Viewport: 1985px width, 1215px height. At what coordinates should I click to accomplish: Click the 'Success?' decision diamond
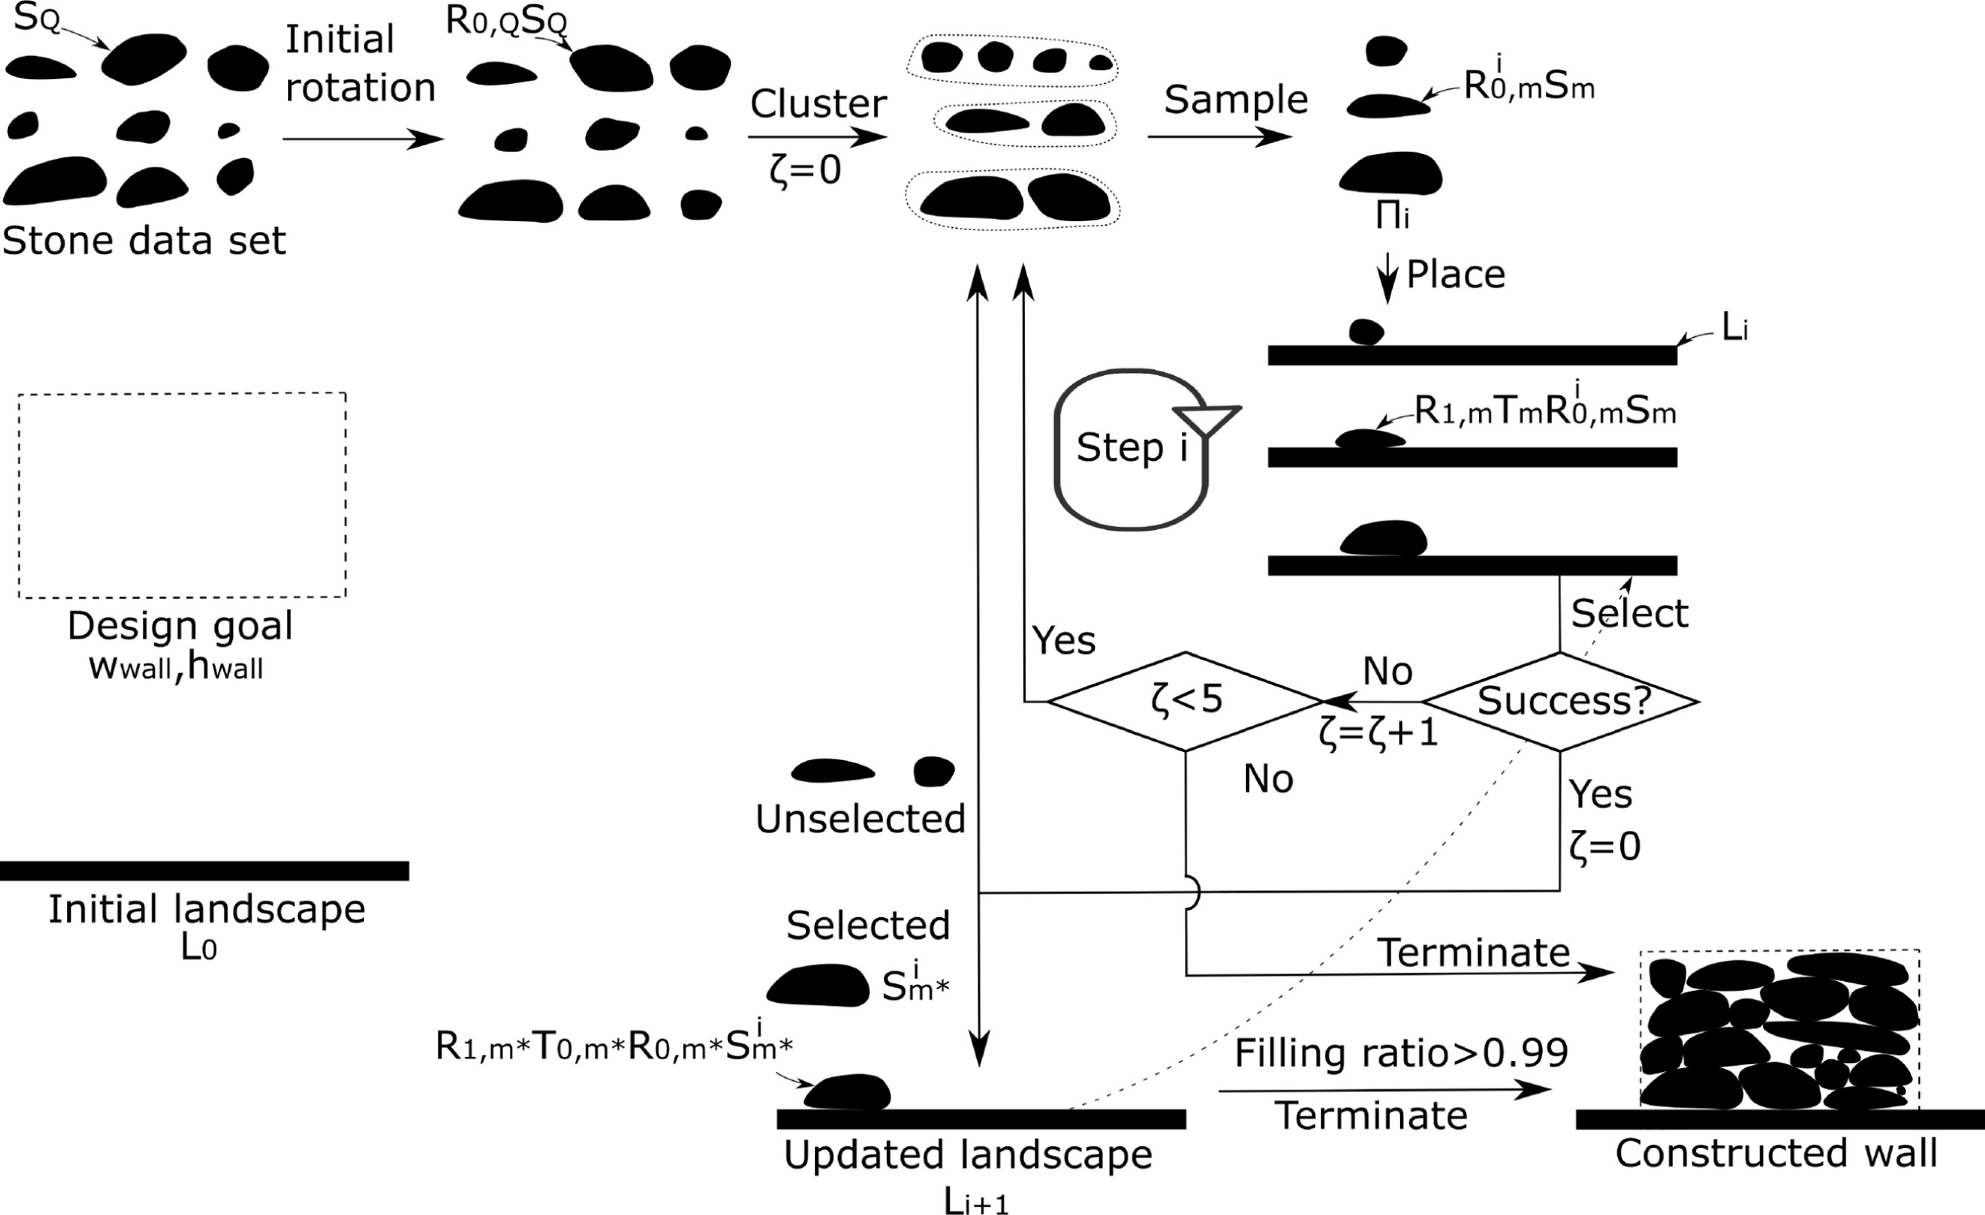pyautogui.click(x=1562, y=702)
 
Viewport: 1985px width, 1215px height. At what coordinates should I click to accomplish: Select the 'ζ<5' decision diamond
pyautogui.click(x=1185, y=701)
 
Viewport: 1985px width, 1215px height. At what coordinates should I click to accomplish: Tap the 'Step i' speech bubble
pyautogui.click(x=1131, y=449)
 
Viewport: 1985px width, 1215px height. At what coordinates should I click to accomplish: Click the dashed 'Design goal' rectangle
pyautogui.click(x=182, y=494)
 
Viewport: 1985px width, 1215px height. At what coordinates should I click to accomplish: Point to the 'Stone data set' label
pyautogui.click(x=144, y=241)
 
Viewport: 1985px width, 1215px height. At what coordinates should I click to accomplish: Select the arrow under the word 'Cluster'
pyautogui.click(x=817, y=137)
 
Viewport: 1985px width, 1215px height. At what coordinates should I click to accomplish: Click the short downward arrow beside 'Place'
pyautogui.click(x=1387, y=278)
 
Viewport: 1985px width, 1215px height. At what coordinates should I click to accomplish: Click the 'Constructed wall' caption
pyautogui.click(x=1776, y=1154)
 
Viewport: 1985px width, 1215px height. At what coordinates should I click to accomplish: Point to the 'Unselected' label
pyautogui.click(x=860, y=820)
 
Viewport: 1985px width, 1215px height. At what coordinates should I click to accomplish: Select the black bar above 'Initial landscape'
pyautogui.click(x=204, y=871)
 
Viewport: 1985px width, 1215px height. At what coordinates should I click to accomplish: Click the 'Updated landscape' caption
pyautogui.click(x=968, y=1155)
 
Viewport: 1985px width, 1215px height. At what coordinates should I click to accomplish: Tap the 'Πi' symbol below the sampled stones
pyautogui.click(x=1392, y=217)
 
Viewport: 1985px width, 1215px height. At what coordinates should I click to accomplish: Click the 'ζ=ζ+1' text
pyautogui.click(x=1378, y=734)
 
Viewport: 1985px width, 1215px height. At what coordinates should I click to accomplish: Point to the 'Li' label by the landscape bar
pyautogui.click(x=1734, y=329)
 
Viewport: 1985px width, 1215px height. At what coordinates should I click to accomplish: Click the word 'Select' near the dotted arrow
pyautogui.click(x=1629, y=614)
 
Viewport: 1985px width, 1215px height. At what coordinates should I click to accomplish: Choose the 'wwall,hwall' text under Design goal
pyautogui.click(x=176, y=668)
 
